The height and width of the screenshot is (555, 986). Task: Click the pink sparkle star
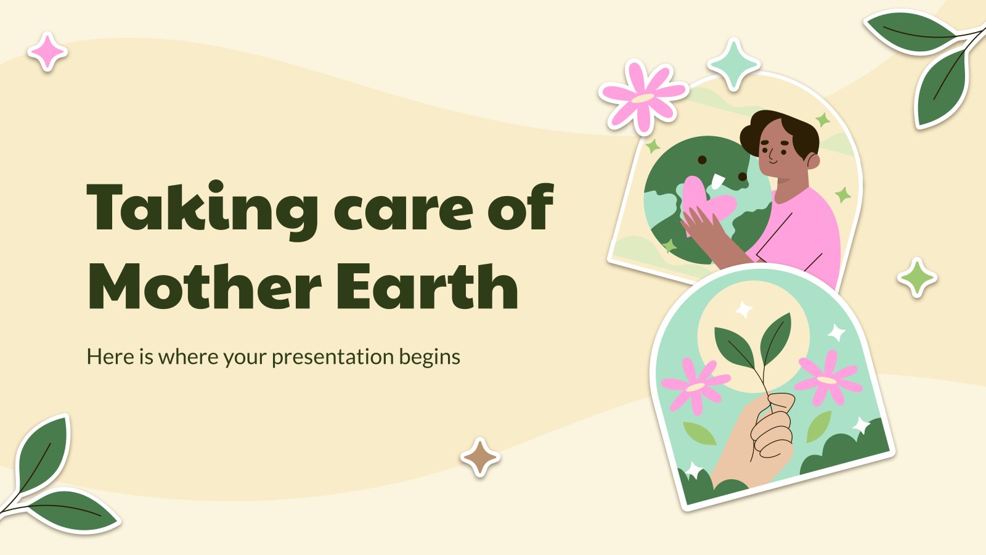point(47,52)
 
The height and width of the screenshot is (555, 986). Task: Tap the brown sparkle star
point(480,458)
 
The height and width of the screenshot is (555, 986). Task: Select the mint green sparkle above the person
point(733,64)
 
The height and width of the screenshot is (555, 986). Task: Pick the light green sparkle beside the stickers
point(917,278)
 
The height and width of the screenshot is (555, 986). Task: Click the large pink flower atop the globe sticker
point(642,97)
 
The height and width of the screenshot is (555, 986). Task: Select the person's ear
point(813,162)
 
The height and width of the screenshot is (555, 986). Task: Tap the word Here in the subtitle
point(110,357)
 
